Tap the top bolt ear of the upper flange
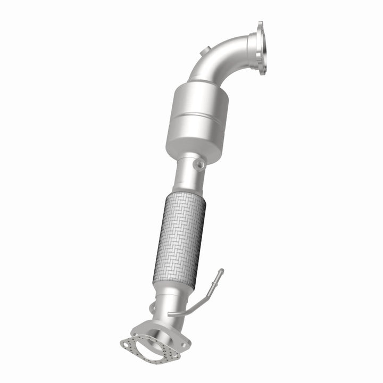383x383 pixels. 260,25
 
